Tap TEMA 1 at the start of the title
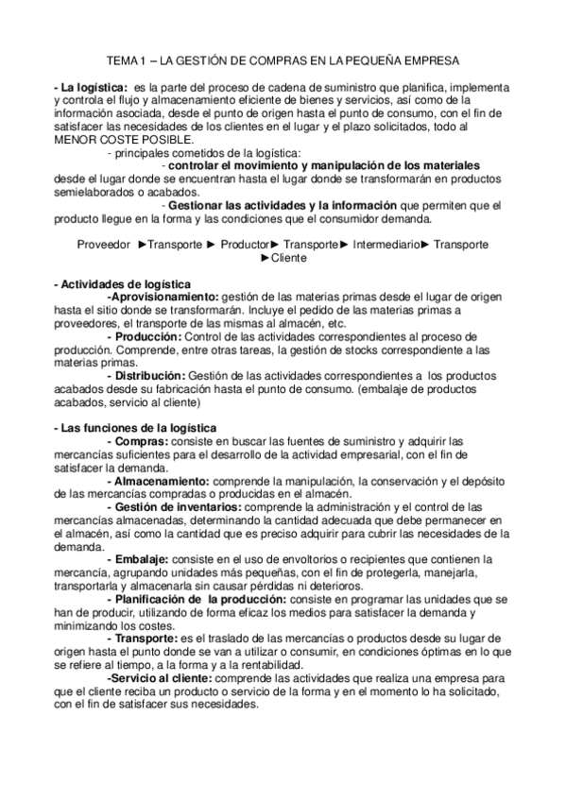coord(121,60)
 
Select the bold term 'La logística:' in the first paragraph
coord(88,87)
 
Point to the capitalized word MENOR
coord(77,140)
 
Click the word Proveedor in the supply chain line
coord(105,244)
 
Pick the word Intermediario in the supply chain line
coord(386,244)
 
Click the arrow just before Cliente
coord(266,257)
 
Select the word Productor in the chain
coord(244,244)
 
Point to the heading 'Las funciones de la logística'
coord(135,428)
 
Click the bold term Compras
coord(138,441)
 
